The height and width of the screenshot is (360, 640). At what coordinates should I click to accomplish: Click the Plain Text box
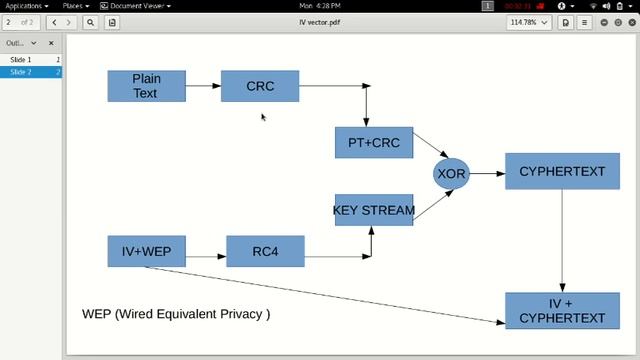[147, 86]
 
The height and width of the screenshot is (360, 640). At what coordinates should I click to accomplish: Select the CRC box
[260, 86]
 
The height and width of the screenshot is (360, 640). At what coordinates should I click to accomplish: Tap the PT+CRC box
[373, 143]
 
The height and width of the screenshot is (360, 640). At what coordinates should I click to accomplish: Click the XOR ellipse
[451, 173]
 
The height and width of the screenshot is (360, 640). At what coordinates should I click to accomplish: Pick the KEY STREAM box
[373, 210]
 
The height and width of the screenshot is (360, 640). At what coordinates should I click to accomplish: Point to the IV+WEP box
[147, 251]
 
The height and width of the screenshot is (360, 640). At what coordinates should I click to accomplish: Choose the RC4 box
[265, 251]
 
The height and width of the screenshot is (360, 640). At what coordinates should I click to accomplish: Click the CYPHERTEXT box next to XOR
[561, 171]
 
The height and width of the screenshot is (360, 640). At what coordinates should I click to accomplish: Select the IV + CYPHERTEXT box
[561, 311]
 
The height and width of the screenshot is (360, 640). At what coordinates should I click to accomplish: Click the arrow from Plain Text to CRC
[204, 86]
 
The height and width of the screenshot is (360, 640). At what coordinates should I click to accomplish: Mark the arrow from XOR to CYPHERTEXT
[487, 173]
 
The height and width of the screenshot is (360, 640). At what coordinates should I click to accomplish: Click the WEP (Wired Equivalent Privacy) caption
[176, 314]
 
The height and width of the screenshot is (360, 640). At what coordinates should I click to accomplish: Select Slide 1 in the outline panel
[21, 60]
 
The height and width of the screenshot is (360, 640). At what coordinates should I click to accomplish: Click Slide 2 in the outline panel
[21, 72]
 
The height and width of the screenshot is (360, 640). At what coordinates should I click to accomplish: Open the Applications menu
[24, 6]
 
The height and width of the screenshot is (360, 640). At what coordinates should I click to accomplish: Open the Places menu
[73, 6]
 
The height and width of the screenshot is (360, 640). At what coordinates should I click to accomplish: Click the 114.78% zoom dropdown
[528, 21]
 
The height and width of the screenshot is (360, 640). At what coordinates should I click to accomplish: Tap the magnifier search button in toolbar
[90, 21]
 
